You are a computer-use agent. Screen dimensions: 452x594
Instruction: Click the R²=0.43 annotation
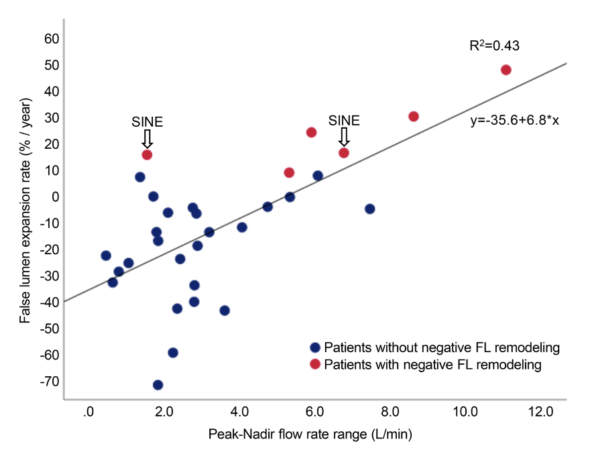(x=495, y=46)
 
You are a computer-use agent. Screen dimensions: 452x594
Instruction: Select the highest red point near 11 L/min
(x=506, y=70)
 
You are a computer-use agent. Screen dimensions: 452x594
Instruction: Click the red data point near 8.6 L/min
(x=414, y=117)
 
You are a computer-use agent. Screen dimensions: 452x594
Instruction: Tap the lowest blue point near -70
(x=158, y=385)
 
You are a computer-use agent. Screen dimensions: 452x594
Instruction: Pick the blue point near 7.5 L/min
(x=369, y=209)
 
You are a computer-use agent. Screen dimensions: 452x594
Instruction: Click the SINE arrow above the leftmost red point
(x=147, y=139)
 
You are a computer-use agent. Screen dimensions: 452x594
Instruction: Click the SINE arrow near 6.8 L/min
(x=344, y=137)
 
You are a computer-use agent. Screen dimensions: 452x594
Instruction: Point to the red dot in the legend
(x=315, y=365)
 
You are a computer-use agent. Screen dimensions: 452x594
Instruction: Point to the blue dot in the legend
(x=315, y=348)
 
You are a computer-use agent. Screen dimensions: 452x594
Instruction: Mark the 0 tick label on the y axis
(x=56, y=197)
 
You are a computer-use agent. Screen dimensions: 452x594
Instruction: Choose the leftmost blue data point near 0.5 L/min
(x=106, y=256)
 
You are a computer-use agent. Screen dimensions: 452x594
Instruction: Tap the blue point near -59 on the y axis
(x=173, y=353)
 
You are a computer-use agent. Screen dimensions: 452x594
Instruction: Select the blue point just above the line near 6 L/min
(x=318, y=176)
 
